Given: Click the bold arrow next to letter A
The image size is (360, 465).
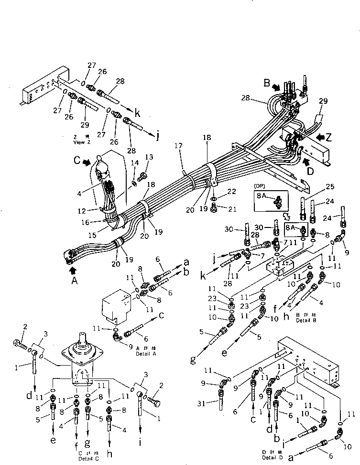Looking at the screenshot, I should (73, 270).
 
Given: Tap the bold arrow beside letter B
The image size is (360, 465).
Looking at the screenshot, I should (276, 88).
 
